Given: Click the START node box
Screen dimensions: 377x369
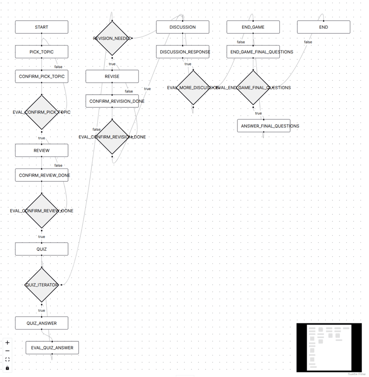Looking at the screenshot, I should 41,27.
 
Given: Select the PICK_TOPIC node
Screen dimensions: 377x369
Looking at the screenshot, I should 41,52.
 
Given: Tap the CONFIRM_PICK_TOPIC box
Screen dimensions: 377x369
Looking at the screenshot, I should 41,77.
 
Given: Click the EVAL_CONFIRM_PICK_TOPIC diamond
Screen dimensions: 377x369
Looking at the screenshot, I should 41,112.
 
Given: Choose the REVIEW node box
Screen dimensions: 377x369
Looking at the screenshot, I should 41,150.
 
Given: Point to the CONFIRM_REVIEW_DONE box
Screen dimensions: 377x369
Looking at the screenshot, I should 41,175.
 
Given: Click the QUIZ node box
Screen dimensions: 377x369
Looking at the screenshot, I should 41,249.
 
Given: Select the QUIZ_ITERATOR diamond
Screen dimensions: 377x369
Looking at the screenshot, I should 41,285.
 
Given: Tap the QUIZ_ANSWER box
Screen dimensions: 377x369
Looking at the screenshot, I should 41,323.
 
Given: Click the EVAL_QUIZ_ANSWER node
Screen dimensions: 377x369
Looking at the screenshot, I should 52,348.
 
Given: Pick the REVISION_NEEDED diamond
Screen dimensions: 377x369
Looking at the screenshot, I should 112,38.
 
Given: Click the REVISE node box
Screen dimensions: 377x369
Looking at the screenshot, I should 112,77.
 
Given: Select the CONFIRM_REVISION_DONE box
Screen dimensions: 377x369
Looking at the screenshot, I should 112,101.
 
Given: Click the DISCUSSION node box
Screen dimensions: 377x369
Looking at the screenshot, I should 182,27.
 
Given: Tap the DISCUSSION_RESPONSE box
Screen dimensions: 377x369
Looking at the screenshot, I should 182,52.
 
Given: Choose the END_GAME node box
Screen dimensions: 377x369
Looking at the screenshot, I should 253,27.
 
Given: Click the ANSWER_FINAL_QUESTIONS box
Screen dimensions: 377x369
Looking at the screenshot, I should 264,126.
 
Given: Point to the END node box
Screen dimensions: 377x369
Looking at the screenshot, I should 323,27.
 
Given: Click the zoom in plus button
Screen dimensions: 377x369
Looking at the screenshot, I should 7,343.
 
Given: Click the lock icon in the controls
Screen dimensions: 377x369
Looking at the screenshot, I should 7,368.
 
